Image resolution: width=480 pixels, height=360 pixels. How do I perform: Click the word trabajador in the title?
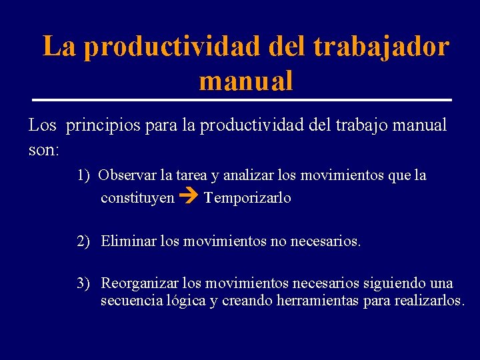(x=381, y=47)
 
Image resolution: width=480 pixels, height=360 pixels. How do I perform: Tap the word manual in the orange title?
(x=245, y=81)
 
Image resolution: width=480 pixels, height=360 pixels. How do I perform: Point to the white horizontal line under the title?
(x=241, y=100)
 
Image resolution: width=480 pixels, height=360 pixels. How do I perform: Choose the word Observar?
(x=127, y=175)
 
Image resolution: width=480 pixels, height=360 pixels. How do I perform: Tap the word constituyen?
(x=137, y=198)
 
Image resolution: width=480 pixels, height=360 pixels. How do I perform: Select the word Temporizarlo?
(x=247, y=198)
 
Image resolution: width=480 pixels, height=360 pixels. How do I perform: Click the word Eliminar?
(x=129, y=241)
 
